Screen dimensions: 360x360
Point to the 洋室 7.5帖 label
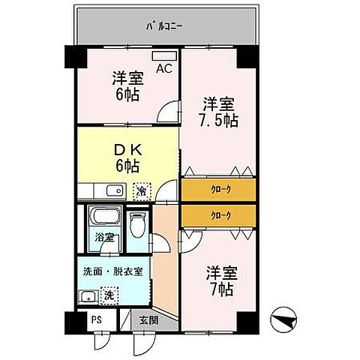point(218,111)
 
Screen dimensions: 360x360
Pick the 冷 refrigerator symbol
point(141,191)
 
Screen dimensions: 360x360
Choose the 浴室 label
point(103,238)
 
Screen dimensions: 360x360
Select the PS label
point(96,318)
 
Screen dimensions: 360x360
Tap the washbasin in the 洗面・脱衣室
point(88,295)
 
